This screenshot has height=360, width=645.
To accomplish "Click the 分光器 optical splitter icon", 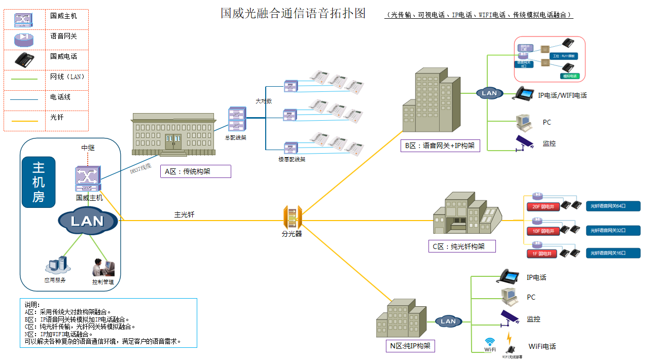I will click(292, 217).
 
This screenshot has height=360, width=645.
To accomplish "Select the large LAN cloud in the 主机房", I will click(87, 221).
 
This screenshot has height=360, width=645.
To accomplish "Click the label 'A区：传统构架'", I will click(195, 171).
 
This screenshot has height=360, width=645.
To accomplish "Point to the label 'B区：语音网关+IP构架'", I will click(440, 146).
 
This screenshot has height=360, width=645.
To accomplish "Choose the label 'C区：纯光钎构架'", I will click(461, 246).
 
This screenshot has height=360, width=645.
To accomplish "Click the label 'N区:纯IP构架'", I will click(410, 346).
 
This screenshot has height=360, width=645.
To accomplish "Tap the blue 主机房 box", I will click(39, 182).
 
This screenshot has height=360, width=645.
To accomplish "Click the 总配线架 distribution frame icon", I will click(237, 120).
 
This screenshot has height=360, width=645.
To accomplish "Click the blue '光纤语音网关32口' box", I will click(613, 231).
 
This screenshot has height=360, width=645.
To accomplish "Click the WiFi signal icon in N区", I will click(490, 343).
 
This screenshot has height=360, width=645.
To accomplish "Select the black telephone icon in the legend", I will click(24, 60).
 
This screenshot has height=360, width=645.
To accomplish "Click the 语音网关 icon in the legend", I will click(24, 39).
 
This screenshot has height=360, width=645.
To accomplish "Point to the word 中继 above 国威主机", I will click(88, 148).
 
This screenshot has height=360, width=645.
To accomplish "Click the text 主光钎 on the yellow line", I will click(185, 214).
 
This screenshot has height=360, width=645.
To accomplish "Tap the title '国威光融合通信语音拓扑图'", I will click(293, 13).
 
